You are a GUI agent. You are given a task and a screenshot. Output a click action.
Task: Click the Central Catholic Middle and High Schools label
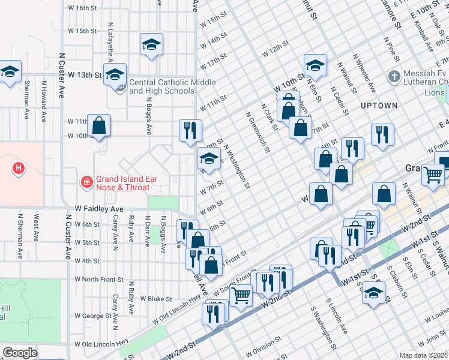[162, 87]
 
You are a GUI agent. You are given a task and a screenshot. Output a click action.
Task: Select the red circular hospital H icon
[19, 169]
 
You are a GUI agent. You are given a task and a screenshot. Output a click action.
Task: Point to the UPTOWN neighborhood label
[379, 106]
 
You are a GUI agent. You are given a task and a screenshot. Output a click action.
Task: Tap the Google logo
[20, 353]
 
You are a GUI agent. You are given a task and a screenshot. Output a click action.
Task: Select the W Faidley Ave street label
[99, 209]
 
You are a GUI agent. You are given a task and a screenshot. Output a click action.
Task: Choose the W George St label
[95, 316]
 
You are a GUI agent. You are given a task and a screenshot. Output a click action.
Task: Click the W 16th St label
[82, 8]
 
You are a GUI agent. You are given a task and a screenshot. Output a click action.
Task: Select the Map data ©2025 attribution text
[423, 355]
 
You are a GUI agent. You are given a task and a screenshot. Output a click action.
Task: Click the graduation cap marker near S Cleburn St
[373, 293]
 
